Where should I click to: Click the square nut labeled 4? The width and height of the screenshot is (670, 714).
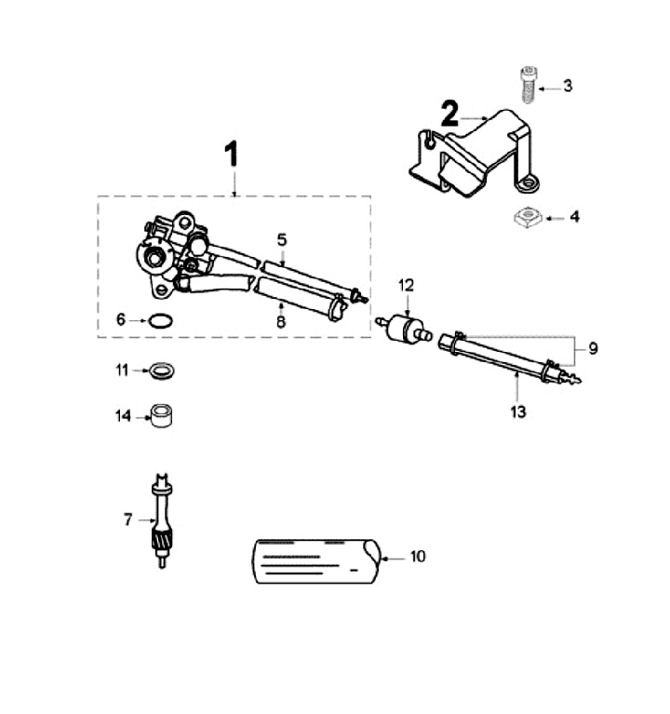click(x=527, y=218)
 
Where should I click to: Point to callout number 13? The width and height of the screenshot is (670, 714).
click(x=518, y=411)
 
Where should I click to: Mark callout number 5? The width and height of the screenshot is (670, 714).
click(x=281, y=239)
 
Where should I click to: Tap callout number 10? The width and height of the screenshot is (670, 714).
click(x=418, y=557)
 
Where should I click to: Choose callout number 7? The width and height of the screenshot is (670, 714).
click(x=127, y=519)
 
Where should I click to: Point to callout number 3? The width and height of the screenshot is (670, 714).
click(x=567, y=87)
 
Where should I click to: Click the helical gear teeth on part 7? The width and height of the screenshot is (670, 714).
click(x=160, y=538)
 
